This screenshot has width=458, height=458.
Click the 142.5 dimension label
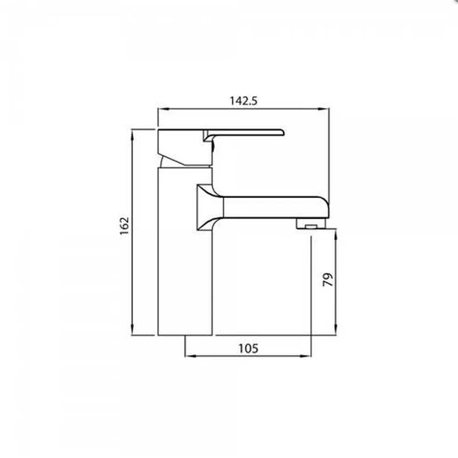(x=244, y=101)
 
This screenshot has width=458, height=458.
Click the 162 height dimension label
(x=124, y=226)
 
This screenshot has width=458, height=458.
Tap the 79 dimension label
(x=327, y=279)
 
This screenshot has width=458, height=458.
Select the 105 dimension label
(x=248, y=349)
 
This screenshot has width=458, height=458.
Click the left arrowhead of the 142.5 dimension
(x=162, y=109)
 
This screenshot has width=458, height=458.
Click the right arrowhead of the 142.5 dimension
(x=324, y=109)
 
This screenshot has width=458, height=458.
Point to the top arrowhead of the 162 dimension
(x=132, y=135)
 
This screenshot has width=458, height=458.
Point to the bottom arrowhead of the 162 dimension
(x=132, y=330)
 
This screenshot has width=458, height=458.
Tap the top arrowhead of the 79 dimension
(x=335, y=235)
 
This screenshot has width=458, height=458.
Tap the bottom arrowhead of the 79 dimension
(x=335, y=330)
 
